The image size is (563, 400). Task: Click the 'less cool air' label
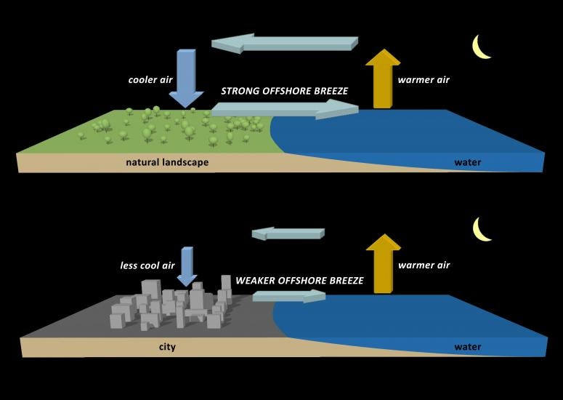click(x=147, y=265)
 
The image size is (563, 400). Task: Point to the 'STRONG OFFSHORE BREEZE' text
click(x=285, y=92)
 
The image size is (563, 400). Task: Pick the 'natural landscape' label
click(x=167, y=162)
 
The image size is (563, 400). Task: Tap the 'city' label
click(x=167, y=347)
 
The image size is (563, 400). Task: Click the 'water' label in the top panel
click(x=468, y=162)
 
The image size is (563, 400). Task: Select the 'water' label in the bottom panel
click(x=468, y=347)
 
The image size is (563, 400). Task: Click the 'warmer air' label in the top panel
click(x=424, y=79)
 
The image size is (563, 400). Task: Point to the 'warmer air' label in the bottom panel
click(x=424, y=265)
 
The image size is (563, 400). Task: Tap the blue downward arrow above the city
click(x=187, y=266)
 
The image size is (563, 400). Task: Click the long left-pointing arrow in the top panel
click(x=284, y=43)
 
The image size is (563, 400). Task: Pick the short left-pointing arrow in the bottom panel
click(x=287, y=233)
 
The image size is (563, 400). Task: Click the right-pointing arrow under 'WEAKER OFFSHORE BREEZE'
click(x=290, y=296)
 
